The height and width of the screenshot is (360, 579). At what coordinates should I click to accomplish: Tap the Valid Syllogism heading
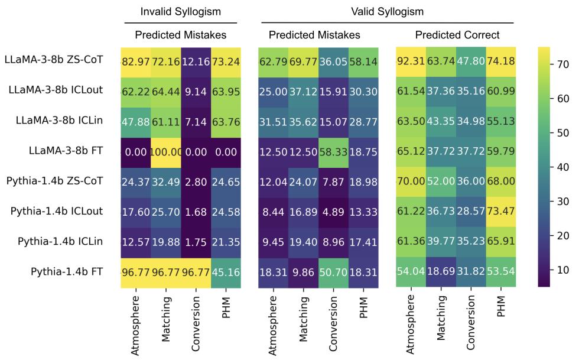click(x=386, y=11)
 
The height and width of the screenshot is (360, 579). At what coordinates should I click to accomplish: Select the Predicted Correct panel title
click(x=457, y=35)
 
